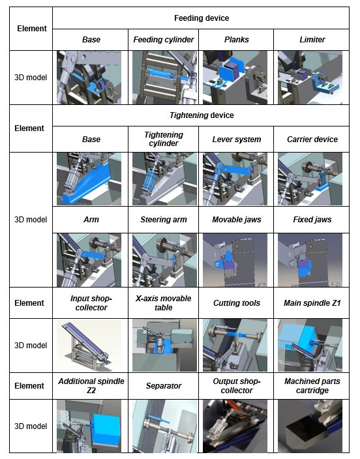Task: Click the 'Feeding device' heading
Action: [x=202, y=18]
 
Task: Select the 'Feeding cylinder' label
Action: [x=164, y=40]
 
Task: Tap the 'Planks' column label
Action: [x=236, y=40]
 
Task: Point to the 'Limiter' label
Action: [x=312, y=40]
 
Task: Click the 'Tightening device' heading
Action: [x=202, y=115]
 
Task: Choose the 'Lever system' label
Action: [x=236, y=140]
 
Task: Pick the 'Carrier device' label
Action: [x=312, y=140]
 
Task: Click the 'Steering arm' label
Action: [x=164, y=220]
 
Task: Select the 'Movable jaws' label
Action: [x=236, y=220]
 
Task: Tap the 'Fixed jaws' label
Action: [x=312, y=220]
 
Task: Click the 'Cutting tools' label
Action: [x=236, y=303]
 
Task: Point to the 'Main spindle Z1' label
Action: [x=312, y=303]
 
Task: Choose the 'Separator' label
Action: [x=164, y=386]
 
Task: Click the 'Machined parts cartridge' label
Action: [x=312, y=386]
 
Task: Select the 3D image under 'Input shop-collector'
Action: [x=89, y=346]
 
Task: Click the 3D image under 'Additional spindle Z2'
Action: [x=89, y=426]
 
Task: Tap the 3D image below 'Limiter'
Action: [x=310, y=78]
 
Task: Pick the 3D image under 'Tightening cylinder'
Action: [x=164, y=179]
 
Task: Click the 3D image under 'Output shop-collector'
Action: [x=235, y=426]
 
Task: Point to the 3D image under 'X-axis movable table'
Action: [x=164, y=346]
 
